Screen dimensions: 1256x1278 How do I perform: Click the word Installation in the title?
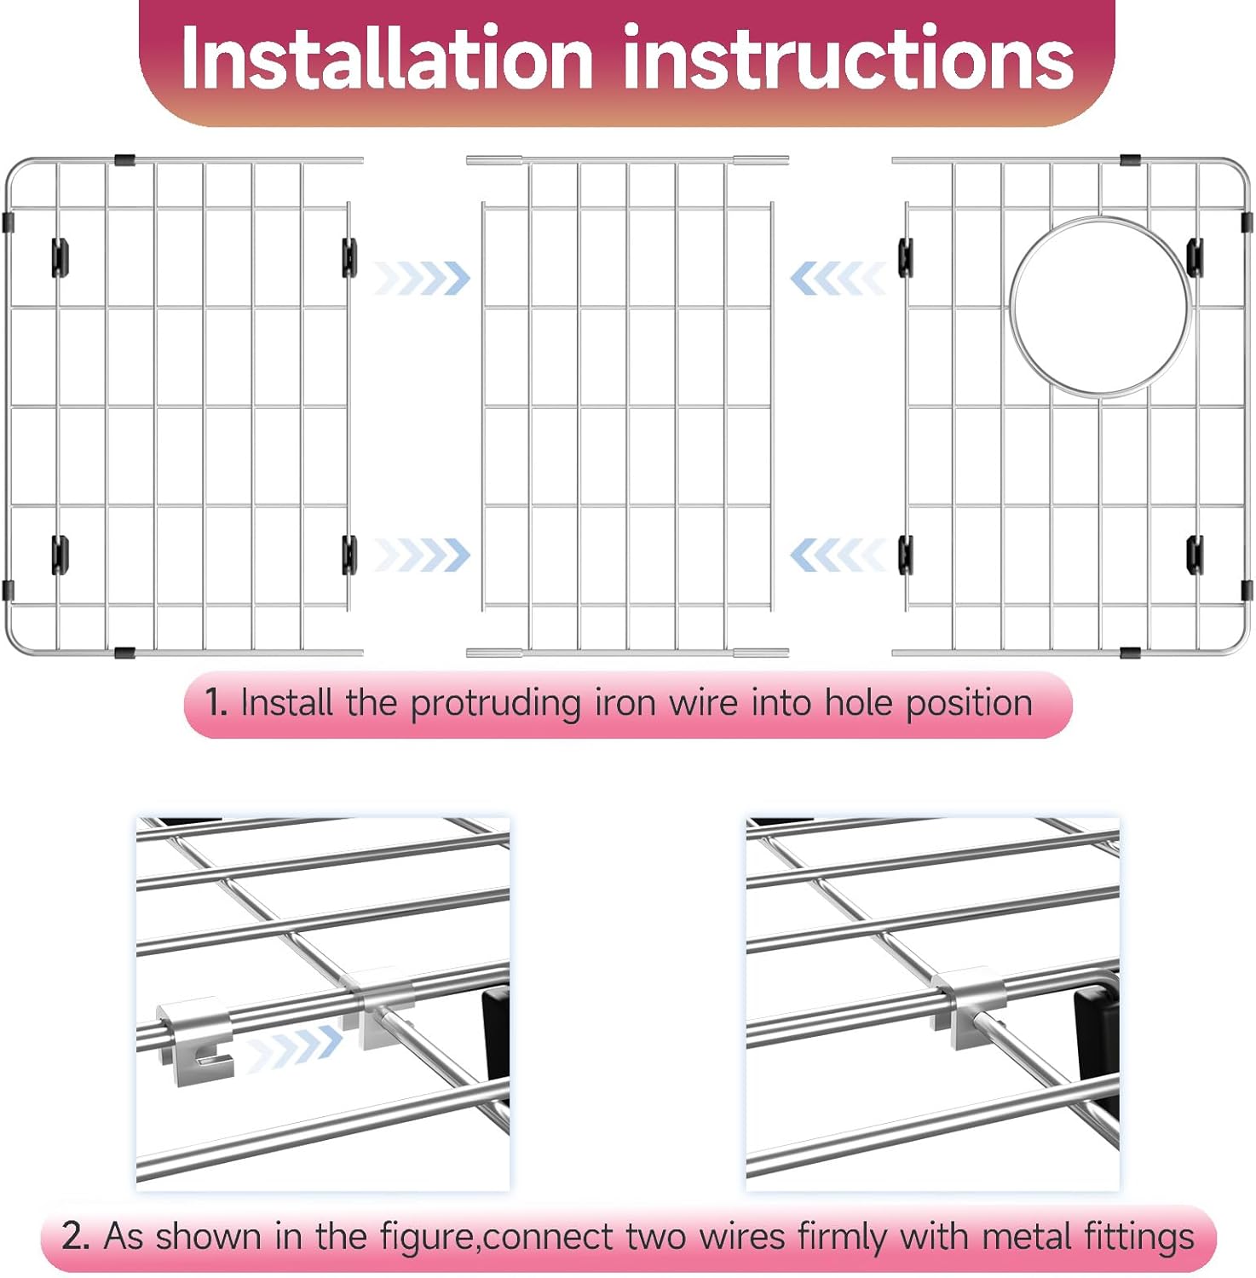[x=388, y=58]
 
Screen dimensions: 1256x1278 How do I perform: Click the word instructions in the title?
[x=849, y=58]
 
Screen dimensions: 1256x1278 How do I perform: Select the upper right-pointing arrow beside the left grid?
[x=422, y=278]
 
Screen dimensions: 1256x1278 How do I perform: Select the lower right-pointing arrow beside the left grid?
[x=422, y=556]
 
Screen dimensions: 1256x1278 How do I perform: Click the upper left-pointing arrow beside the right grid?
[x=838, y=278]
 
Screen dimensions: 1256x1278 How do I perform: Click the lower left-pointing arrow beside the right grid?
[x=838, y=556]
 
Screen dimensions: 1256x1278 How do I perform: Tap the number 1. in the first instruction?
[x=216, y=703]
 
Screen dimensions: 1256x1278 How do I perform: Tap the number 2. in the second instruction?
[x=76, y=1236]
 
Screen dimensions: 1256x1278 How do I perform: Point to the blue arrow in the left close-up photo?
[x=295, y=1047]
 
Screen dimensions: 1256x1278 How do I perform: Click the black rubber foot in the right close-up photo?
[x=1097, y=1047]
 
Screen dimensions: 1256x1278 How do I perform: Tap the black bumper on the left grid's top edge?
[x=124, y=160]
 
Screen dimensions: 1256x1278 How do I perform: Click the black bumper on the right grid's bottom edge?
[x=1130, y=653]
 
